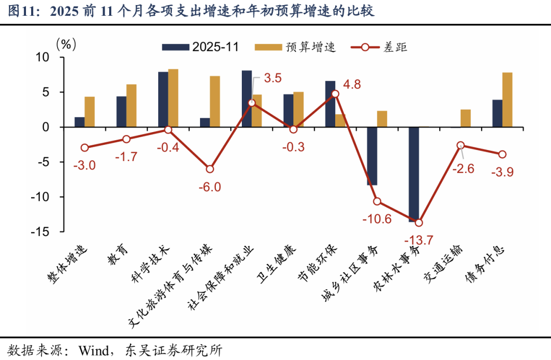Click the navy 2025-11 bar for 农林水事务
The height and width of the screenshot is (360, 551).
coord(414,173)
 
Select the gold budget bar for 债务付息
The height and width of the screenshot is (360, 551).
coord(507,100)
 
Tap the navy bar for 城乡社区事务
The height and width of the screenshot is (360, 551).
coord(372,156)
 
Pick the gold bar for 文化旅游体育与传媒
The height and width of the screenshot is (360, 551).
coord(215,101)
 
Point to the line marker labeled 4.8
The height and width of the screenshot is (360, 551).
coord(335,94)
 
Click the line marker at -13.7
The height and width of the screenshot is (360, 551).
coord(419,223)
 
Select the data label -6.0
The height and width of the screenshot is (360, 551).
coord(210,187)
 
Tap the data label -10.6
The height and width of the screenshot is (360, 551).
coord(377,220)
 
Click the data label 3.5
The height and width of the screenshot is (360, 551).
coord(272,79)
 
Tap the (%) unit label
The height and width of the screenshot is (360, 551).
coord(66,44)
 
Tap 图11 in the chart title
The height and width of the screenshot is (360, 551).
coord(20,11)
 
